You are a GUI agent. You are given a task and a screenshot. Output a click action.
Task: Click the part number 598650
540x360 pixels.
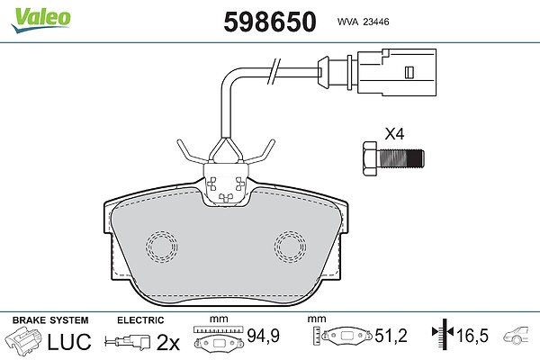pos(270,22)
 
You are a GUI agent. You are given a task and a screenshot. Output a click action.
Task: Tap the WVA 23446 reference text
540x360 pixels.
pos(363,22)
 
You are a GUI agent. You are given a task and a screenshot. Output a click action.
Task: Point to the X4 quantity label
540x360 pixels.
pos(394,134)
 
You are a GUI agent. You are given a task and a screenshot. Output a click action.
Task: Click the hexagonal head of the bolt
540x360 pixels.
pos(371,158)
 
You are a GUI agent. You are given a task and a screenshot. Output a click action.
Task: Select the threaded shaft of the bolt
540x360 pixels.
pos(401,158)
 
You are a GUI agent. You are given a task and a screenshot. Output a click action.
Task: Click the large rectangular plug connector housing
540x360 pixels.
pos(397,72)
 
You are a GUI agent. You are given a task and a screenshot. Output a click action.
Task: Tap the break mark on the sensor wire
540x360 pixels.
pos(274,71)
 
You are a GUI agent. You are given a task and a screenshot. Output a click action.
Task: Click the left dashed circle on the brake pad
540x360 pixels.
pos(161,247)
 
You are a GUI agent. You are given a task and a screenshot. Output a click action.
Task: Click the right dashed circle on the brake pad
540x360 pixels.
pos(291,247)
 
